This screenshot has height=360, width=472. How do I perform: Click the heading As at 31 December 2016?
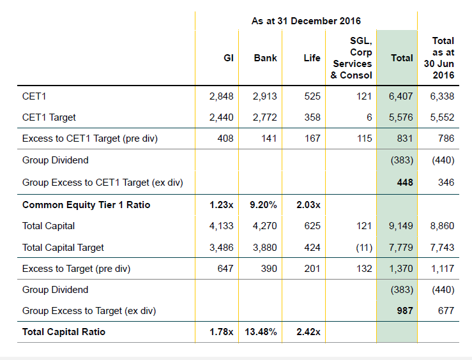click(306, 21)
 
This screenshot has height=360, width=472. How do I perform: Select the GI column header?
click(229, 57)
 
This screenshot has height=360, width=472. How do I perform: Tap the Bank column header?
click(265, 57)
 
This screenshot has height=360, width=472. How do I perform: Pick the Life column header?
click(312, 57)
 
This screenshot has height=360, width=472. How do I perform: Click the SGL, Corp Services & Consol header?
click(351, 57)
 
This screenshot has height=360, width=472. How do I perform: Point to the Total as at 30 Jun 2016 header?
click(439, 57)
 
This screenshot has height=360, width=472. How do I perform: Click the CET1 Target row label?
click(49, 117)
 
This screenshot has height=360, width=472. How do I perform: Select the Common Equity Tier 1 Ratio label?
click(86, 205)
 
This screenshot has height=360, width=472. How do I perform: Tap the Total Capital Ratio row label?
click(64, 332)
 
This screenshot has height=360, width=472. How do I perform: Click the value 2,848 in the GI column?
click(221, 96)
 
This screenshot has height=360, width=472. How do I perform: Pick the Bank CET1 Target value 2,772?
click(265, 117)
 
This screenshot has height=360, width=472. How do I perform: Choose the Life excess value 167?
click(312, 139)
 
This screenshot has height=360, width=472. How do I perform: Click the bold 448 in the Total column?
click(405, 183)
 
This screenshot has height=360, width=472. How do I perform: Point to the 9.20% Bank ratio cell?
click(263, 205)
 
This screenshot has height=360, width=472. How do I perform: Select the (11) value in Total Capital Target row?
click(364, 248)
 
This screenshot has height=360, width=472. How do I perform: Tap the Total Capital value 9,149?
click(400, 226)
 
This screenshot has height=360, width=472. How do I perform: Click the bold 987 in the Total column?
click(405, 311)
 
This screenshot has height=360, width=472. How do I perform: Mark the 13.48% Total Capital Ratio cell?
click(261, 332)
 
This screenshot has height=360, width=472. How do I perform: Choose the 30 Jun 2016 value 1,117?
click(442, 269)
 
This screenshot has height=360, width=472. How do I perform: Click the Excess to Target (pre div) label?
click(76, 269)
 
